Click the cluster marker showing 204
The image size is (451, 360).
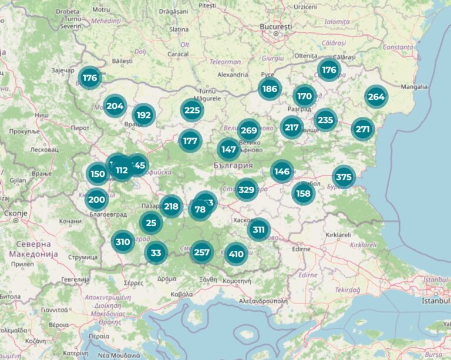click(115, 106)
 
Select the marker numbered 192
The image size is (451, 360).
click(143, 116)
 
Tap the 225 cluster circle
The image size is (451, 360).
click(191, 110)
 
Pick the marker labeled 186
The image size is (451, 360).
click(270, 89)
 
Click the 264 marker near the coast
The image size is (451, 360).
click(376, 97)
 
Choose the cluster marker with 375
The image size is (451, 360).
click(344, 177)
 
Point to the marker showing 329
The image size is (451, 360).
click(246, 189)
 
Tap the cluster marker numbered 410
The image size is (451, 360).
click(236, 254)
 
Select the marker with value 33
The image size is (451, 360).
click(156, 253)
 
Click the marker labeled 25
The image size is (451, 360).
click(152, 223)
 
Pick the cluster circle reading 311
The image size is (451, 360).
click(258, 230)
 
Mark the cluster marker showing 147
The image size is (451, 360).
click(228, 150)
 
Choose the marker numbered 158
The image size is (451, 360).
click(303, 193)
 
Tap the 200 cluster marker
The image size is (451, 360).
click(96, 200)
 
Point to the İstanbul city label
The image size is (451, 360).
click(435, 301)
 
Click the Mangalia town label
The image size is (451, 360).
click(414, 87)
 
